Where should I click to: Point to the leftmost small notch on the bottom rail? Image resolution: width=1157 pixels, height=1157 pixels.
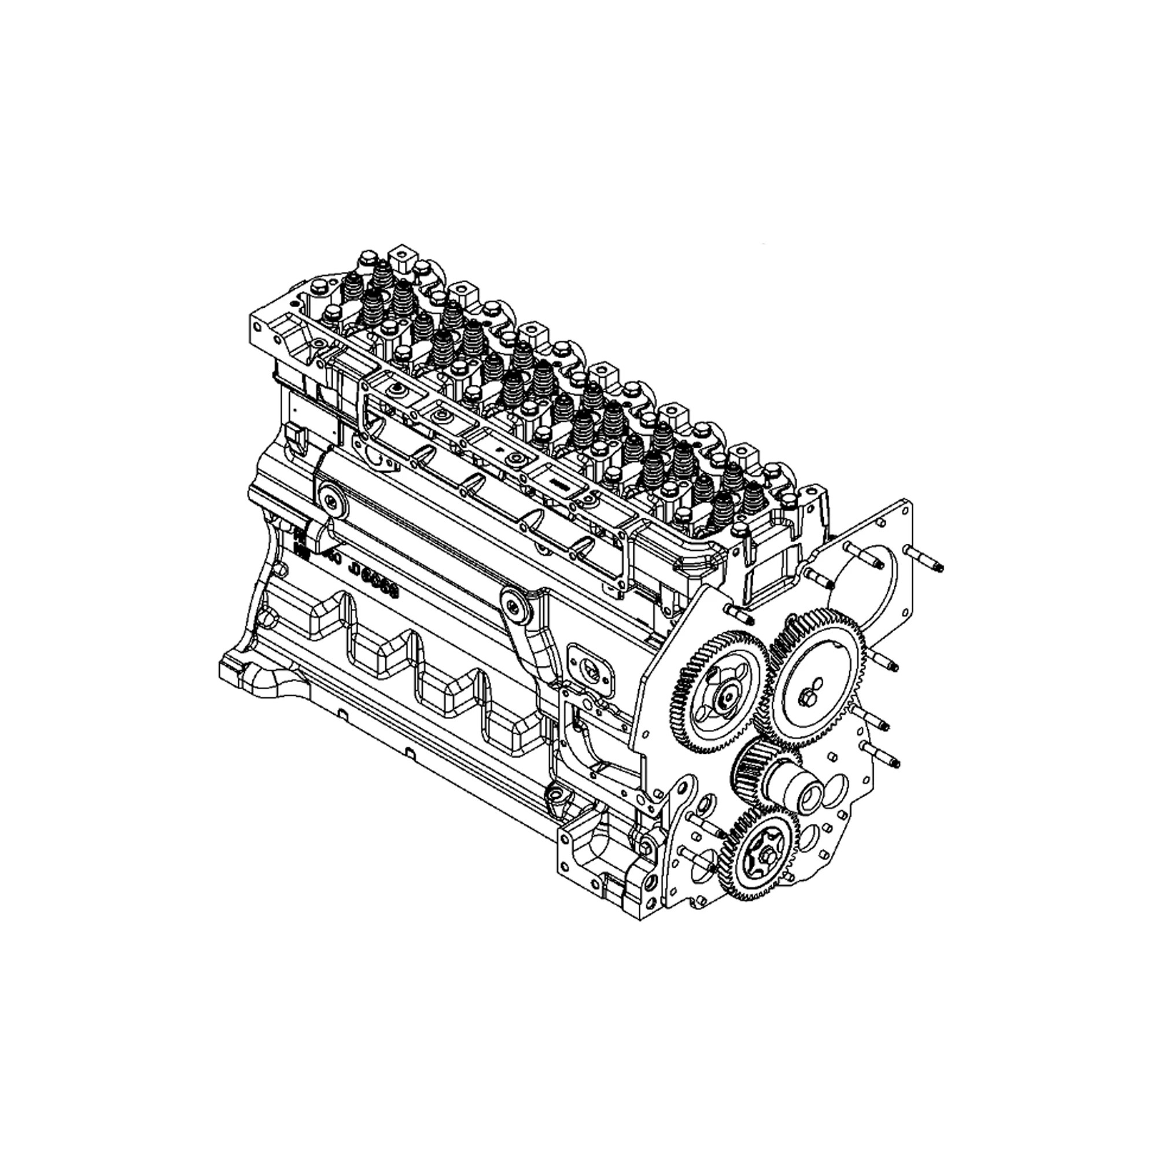(341, 714)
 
